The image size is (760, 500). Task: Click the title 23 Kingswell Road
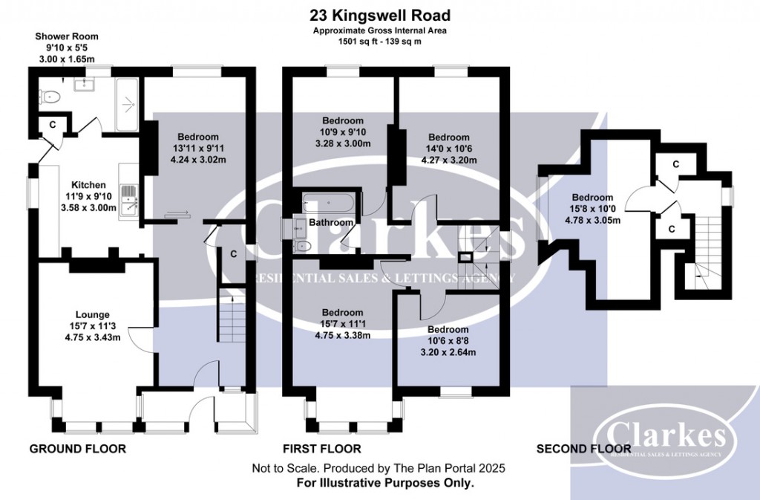[x=379, y=15]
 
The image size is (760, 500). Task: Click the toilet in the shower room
[x=50, y=96]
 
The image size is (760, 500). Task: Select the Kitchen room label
[x=88, y=185]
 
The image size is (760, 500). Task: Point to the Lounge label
[x=91, y=314]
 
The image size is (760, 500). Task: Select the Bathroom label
[x=331, y=222]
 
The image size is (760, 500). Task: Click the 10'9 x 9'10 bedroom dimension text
[x=342, y=132]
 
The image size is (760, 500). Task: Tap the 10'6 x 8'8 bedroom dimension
[x=448, y=341]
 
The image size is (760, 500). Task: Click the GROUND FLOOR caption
[x=77, y=449]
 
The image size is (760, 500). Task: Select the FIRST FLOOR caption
[x=322, y=449]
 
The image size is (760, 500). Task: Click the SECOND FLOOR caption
[x=583, y=449]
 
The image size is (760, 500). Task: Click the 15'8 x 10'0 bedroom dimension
[x=592, y=209]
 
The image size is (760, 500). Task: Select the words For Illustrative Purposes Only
[x=379, y=482]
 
